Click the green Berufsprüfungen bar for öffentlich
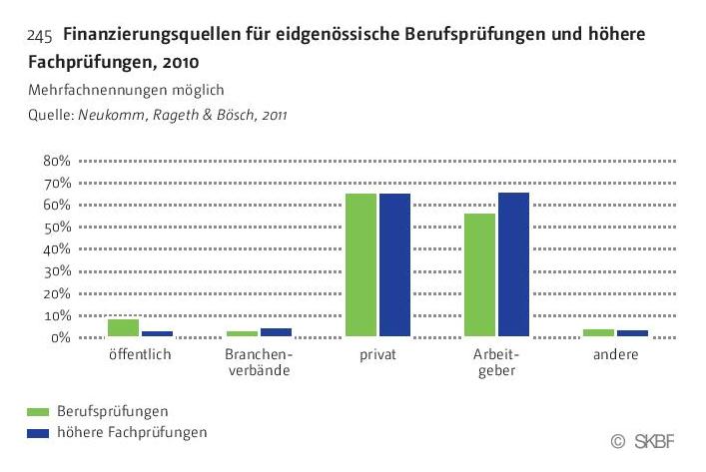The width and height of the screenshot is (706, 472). pos(124,327)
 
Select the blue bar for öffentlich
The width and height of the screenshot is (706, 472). pos(157,333)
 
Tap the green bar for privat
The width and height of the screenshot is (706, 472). pos(361,265)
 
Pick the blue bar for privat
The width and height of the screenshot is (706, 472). pos(394,265)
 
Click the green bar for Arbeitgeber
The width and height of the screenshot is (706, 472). pos(479,275)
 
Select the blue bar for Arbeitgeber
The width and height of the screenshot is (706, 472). pos(513,265)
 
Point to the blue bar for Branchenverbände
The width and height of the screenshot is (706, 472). pos(276,332)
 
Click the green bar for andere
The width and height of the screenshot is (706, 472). pos(598,332)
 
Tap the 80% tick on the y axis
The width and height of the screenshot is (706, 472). pos(56,161)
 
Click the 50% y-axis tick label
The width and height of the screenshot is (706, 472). pos(56,227)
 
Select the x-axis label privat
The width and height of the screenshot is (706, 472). pos(378,355)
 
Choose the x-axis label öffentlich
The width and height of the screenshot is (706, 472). pos(141,355)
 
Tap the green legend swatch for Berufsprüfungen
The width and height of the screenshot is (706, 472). pos(39,411)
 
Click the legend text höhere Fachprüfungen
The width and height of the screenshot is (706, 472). pos(132,432)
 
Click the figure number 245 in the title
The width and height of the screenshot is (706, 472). pos(40,36)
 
